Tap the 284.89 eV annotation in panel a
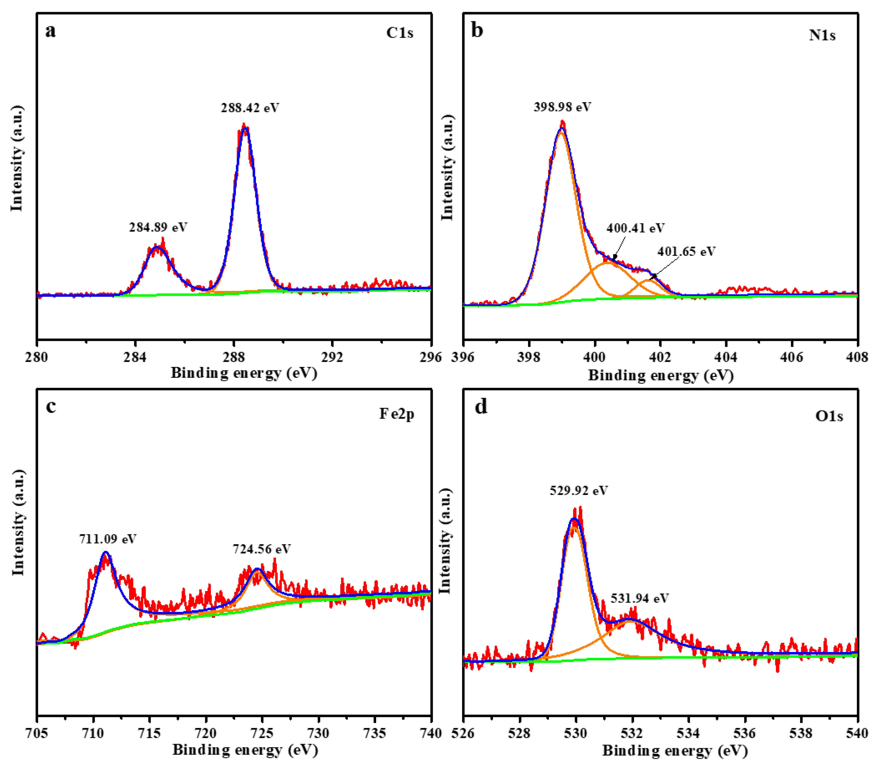158,227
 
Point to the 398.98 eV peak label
562,107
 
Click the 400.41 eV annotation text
635,228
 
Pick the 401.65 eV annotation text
686,251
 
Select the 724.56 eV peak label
262,549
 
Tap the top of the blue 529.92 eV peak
574,519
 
